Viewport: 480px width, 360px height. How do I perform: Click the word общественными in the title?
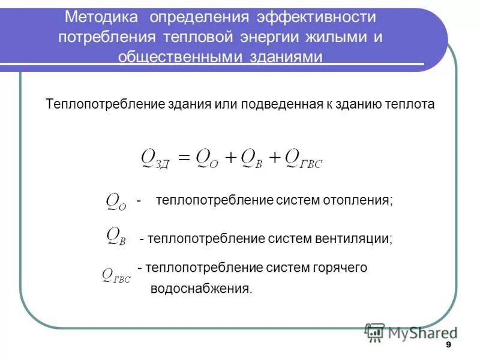pos(181,57)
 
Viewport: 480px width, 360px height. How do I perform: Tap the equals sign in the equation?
pos(184,158)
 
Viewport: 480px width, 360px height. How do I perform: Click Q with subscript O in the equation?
pos(208,159)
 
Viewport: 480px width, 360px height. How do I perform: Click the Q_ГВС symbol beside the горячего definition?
pos(116,276)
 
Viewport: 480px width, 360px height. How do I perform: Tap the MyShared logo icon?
pos(375,332)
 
